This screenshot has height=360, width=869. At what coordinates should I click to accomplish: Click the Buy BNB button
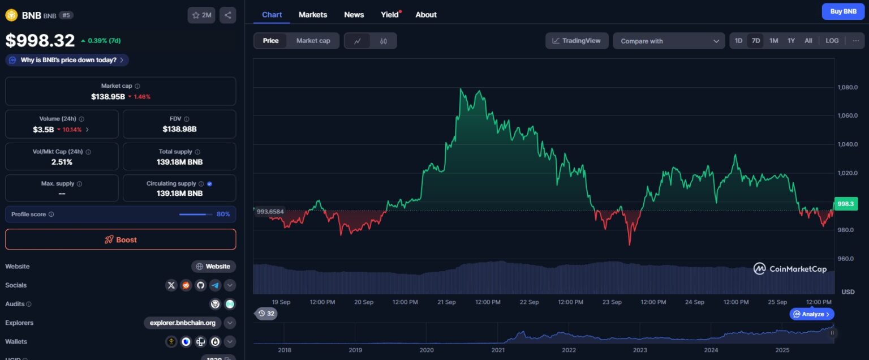tap(843, 11)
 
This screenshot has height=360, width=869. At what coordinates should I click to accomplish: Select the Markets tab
tap(313, 15)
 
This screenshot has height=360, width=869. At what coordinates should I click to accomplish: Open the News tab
tap(354, 15)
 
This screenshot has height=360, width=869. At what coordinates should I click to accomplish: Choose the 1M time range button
tap(773, 41)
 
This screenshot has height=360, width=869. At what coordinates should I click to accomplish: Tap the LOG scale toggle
tap(832, 41)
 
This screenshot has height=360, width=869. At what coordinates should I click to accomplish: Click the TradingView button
tap(577, 41)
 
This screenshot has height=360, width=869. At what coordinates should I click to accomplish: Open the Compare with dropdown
tap(668, 41)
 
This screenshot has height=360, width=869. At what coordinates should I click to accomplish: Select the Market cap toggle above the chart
tap(313, 41)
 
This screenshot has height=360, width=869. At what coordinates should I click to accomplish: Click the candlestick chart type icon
tap(384, 41)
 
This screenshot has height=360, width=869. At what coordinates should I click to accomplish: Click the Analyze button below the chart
tap(812, 314)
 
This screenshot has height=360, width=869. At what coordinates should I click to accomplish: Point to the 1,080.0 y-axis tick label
tap(848, 87)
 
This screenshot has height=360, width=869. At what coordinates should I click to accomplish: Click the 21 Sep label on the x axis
tap(446, 302)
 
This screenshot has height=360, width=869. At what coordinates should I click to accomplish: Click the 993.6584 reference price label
tap(270, 211)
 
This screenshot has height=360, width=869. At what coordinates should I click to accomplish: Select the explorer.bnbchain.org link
tap(182, 323)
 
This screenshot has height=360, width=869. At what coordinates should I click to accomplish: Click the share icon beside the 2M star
tap(227, 15)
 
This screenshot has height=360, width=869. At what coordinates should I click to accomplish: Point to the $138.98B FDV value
tap(179, 129)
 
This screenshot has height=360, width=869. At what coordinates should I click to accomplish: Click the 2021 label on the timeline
tap(498, 350)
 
